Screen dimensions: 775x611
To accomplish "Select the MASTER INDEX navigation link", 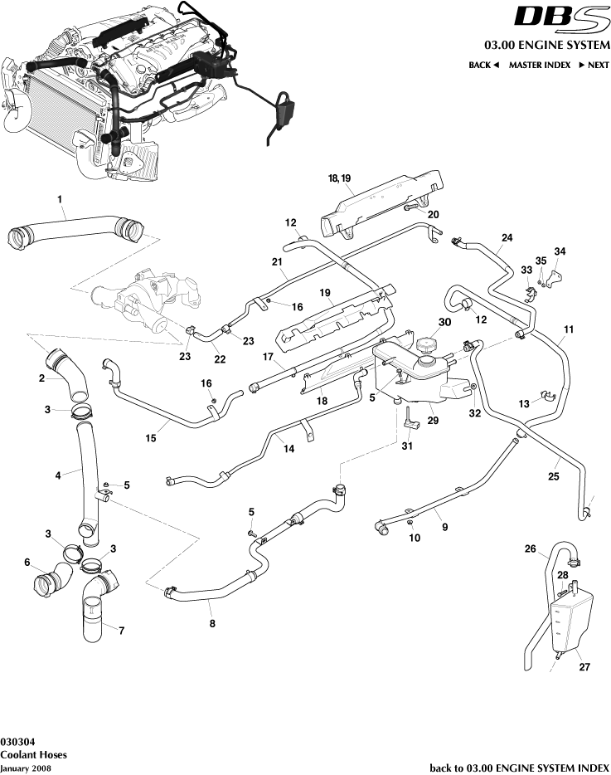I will (539, 65).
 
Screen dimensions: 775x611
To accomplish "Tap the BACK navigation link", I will (483, 65).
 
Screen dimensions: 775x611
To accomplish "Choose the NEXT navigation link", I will (594, 65).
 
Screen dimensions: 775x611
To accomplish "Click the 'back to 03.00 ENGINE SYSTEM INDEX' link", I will (520, 768).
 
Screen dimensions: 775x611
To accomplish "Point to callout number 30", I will (444, 323).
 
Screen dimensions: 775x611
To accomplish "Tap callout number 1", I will (60, 198).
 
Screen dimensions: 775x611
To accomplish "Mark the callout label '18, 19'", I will (340, 178).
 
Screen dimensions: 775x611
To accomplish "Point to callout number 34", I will (560, 251).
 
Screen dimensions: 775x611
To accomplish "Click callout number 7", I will (122, 631).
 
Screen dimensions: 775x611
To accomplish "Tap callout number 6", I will (27, 563).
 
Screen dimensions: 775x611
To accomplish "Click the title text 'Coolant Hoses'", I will (33, 755).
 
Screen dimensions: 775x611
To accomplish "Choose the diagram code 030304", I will (17, 741).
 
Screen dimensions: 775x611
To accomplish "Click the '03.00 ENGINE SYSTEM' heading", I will (546, 45).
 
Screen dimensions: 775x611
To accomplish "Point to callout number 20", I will (434, 214).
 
